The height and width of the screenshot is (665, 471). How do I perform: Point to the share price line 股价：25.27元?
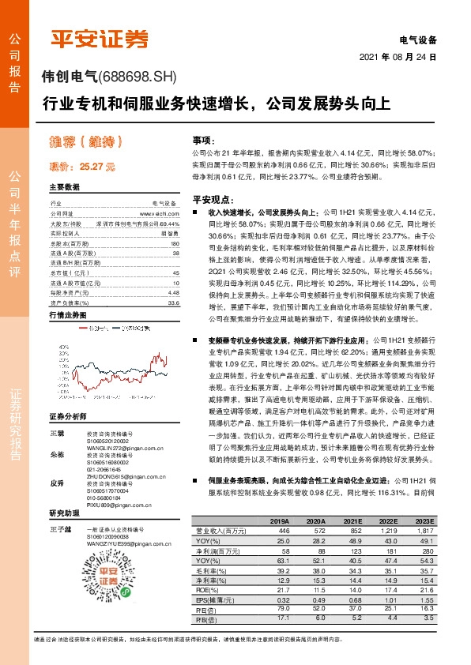click(82, 167)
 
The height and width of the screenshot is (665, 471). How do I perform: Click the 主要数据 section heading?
click(65, 188)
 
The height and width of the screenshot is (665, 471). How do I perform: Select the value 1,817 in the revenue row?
click(424, 532)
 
